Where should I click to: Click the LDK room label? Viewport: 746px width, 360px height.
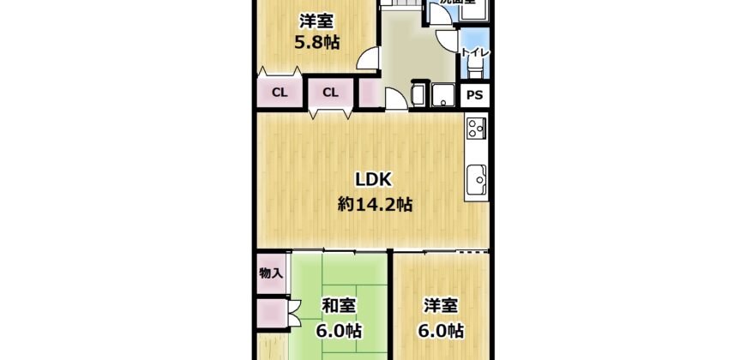(374, 180)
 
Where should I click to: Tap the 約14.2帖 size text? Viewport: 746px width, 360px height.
(375, 205)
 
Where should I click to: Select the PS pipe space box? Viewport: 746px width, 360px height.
(475, 95)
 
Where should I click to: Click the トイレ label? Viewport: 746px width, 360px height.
(475, 53)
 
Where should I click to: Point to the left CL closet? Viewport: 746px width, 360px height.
(280, 93)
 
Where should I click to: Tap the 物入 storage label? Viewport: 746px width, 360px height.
(272, 273)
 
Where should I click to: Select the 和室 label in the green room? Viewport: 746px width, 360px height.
(340, 305)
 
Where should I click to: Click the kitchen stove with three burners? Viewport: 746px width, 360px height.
(476, 130)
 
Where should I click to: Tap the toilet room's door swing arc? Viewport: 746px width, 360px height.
(448, 39)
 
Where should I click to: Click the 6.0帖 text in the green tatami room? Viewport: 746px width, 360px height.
(340, 330)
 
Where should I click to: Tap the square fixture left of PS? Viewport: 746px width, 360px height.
(444, 94)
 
